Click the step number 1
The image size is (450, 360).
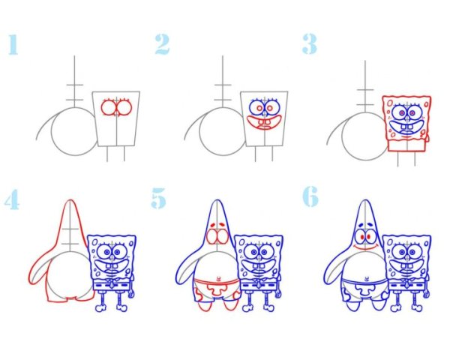[x=13, y=44]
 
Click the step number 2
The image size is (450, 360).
[x=162, y=44]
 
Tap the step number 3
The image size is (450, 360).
[x=309, y=44]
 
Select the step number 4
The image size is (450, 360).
[x=12, y=199]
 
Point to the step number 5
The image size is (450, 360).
[x=158, y=198]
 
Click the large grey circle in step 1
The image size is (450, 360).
[x=52, y=132]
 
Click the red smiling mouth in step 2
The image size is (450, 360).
[x=264, y=123]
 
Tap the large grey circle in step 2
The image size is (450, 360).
[x=199, y=132]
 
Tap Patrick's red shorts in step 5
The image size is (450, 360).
[x=217, y=289]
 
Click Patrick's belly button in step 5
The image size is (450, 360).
[x=218, y=278]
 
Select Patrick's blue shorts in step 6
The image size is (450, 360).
[x=365, y=288]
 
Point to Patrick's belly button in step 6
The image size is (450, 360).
[x=367, y=278]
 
